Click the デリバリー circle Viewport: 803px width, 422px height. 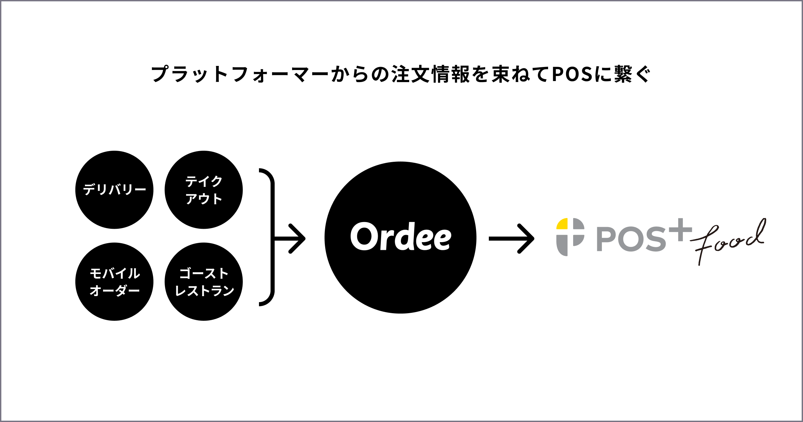(x=114, y=190)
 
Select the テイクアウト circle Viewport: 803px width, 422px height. (x=203, y=190)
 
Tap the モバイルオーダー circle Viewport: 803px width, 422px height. (x=114, y=282)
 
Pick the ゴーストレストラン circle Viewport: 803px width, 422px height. (x=203, y=282)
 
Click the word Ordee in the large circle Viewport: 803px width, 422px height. (x=400, y=237)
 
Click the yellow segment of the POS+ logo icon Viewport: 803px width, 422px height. (x=562, y=224)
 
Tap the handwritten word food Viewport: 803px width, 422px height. (x=729, y=239)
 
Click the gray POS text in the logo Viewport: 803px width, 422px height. (x=631, y=239)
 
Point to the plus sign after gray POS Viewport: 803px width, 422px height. (x=680, y=230)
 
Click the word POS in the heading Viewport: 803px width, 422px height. (x=572, y=74)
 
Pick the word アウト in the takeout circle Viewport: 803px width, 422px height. (x=203, y=199)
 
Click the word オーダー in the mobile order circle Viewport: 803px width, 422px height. (x=114, y=291)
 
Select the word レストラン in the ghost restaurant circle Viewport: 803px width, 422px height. (x=204, y=291)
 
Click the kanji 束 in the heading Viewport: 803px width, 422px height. (x=501, y=74)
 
